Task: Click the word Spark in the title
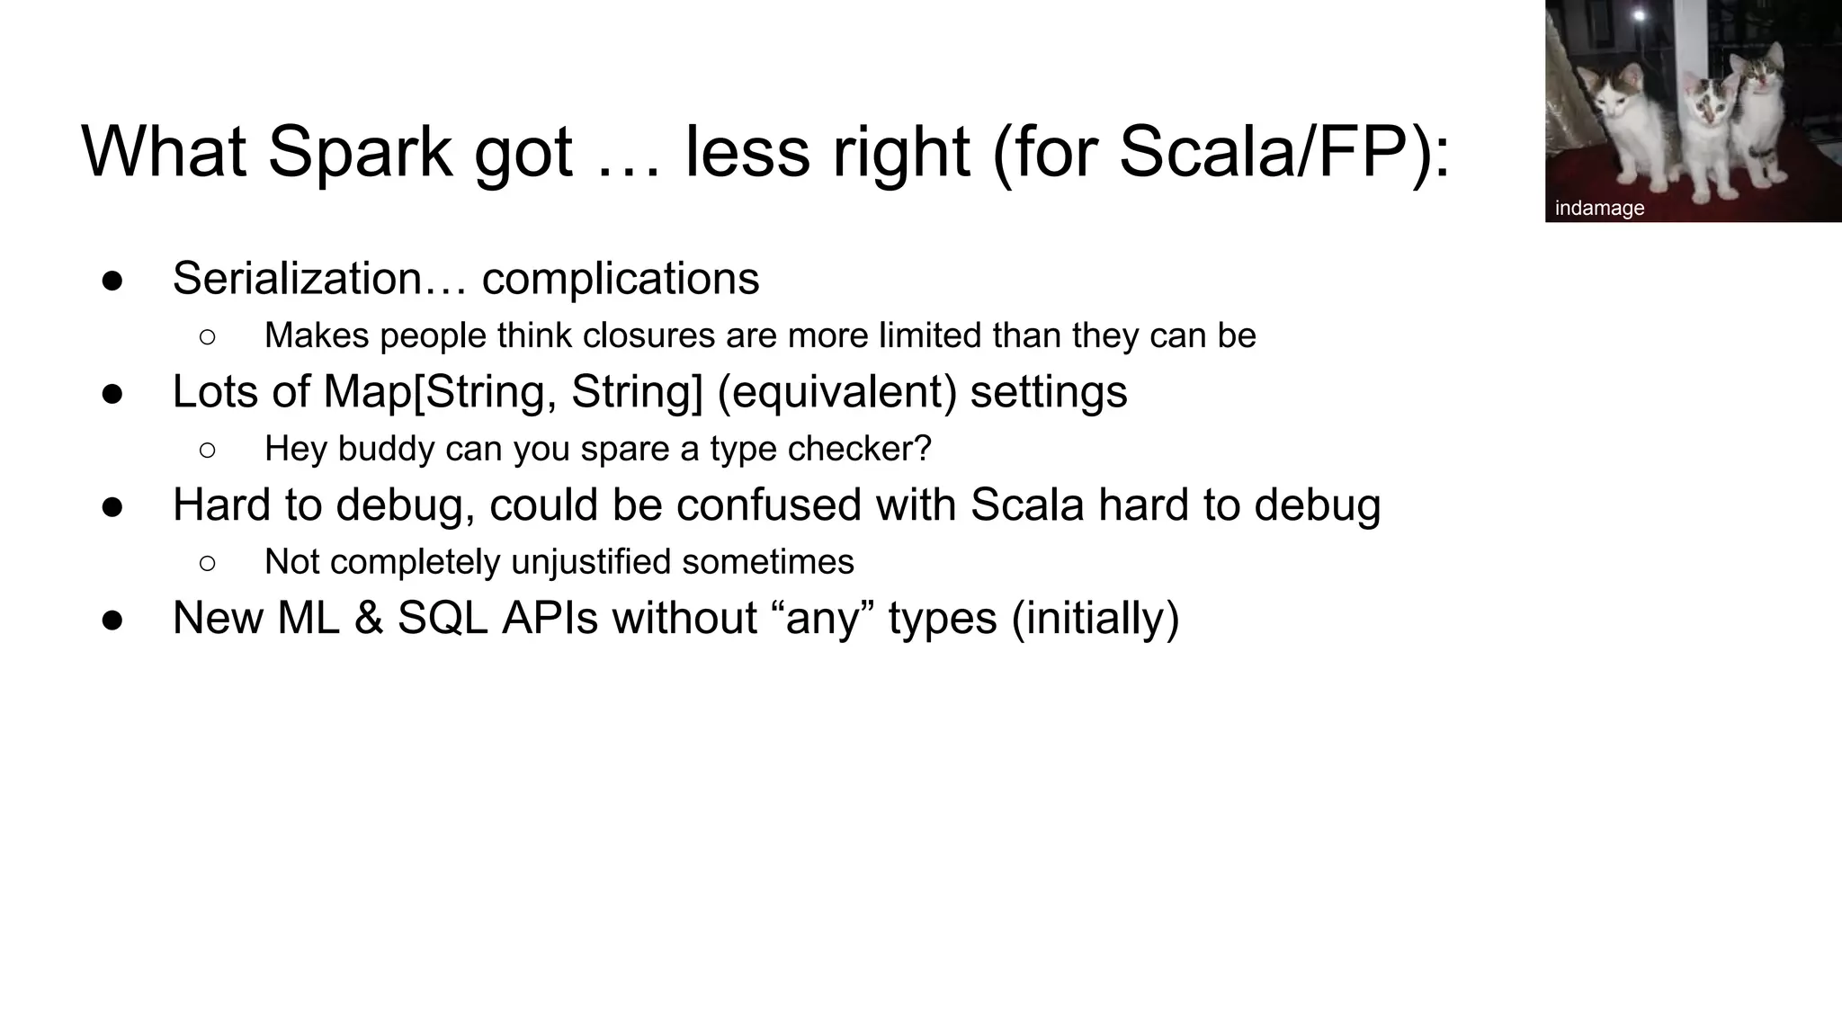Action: point(360,153)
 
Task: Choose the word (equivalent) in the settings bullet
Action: point(836,392)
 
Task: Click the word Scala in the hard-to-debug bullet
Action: point(1027,505)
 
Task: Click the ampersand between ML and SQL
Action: point(369,619)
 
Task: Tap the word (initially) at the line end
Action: point(1095,619)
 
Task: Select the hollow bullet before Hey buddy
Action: point(207,450)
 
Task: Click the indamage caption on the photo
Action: point(1599,209)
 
